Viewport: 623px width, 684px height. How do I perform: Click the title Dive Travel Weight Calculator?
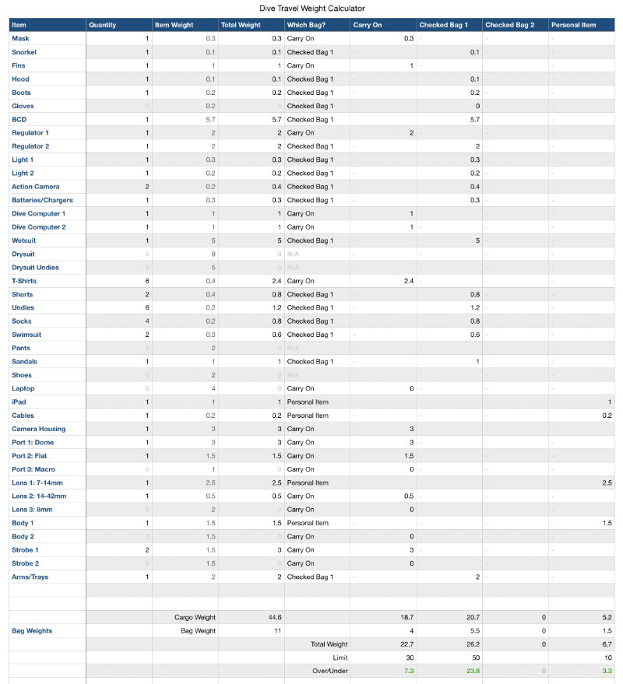click(311, 9)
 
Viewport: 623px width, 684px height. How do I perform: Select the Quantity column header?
click(103, 25)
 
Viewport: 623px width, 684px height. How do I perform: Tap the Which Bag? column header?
click(306, 25)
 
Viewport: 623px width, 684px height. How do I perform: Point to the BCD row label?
click(19, 120)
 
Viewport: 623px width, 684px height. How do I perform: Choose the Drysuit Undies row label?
click(35, 268)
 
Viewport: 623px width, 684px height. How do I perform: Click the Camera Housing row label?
click(38, 429)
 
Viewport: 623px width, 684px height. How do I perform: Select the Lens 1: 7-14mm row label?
click(39, 482)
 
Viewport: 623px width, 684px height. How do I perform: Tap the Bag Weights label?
click(32, 631)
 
